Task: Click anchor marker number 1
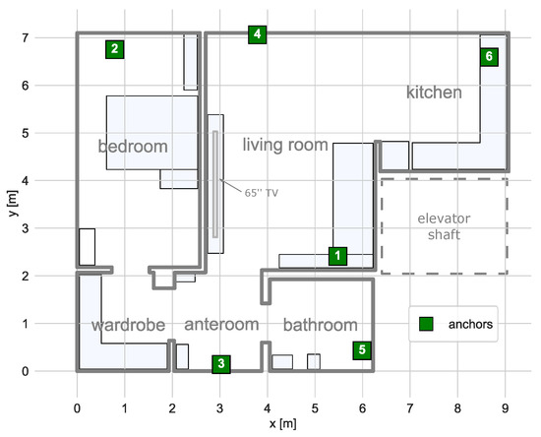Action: point(337,256)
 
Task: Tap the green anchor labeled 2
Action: point(114,49)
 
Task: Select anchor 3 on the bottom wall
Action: point(221,364)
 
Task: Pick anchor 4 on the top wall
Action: point(257,34)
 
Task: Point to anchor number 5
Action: point(362,350)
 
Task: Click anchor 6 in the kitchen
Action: point(489,57)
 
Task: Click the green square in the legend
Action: point(426,324)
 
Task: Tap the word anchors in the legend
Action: point(470,324)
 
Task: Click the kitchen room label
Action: point(434,93)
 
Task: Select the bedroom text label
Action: point(133,147)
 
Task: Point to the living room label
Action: point(285,145)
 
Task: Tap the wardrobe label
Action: point(128,325)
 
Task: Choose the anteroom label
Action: point(221,325)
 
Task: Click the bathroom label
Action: point(321,325)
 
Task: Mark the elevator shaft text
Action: point(444,226)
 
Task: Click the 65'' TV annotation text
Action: point(262,193)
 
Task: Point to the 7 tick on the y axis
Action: point(26,37)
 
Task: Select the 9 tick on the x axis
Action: point(506,408)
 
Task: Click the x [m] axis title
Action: point(282,423)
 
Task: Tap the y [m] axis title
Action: point(13,204)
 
